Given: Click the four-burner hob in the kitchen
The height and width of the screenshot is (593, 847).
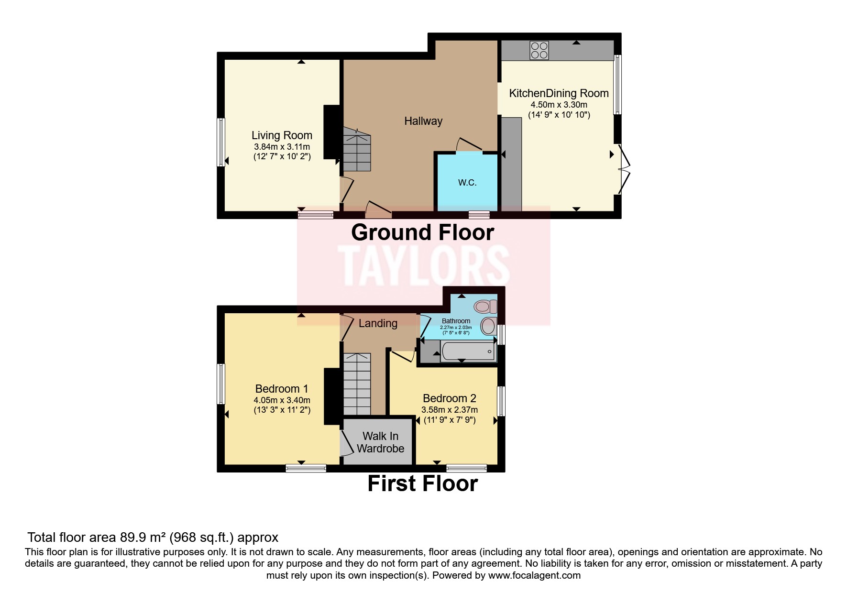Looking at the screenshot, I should (x=539, y=50).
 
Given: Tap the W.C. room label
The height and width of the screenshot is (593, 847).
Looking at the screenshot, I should (x=467, y=183).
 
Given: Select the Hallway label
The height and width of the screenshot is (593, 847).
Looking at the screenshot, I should (x=423, y=121).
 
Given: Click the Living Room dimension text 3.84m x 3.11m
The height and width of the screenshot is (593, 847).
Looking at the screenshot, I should (x=282, y=147).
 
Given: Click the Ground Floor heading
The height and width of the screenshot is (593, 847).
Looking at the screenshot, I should (x=422, y=233).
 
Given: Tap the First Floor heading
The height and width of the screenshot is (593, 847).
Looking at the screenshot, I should (x=422, y=483).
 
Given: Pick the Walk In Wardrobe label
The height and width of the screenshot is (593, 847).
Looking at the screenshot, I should (x=380, y=442).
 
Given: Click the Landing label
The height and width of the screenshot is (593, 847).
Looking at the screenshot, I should (x=378, y=323).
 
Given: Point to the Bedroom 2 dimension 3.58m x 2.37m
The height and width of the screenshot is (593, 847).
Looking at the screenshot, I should (x=449, y=410).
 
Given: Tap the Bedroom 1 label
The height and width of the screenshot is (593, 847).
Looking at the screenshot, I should (x=281, y=389).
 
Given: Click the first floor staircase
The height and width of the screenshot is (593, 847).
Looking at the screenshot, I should (x=357, y=384).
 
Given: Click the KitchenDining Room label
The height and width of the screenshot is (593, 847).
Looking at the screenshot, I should (x=559, y=93).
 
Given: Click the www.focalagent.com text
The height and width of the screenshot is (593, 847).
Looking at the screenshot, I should (x=534, y=575).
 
